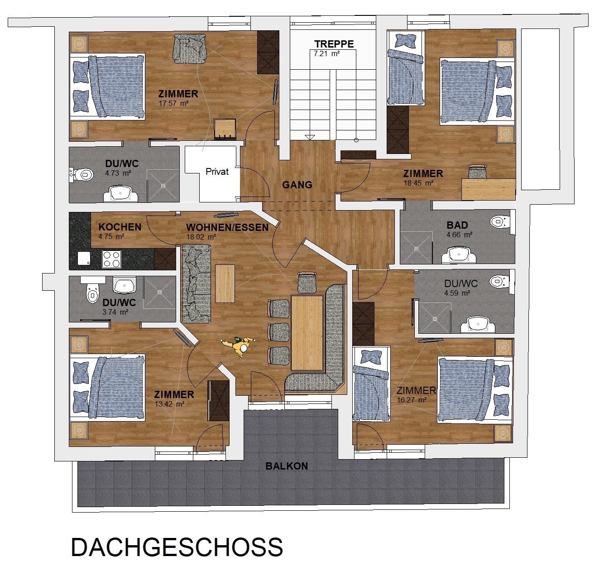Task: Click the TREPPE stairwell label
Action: [334, 44]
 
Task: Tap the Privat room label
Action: [217, 172]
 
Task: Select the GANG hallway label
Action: [297, 185]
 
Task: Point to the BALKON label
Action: [287, 466]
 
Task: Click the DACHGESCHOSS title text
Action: [177, 547]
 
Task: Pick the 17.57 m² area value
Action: [173, 103]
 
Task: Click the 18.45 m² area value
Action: [418, 183]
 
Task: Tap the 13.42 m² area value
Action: [169, 404]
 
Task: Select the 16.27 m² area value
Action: [412, 400]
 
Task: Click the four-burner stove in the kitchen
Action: [111, 259]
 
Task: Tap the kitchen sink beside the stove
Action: [84, 259]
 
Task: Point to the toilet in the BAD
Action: [500, 221]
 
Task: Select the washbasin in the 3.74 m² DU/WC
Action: [125, 285]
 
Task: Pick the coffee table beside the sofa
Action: [225, 283]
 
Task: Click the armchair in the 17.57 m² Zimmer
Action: [190, 48]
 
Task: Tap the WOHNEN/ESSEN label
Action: [227, 227]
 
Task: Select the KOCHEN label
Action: [120, 227]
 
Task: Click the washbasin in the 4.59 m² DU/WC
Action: [477, 325]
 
